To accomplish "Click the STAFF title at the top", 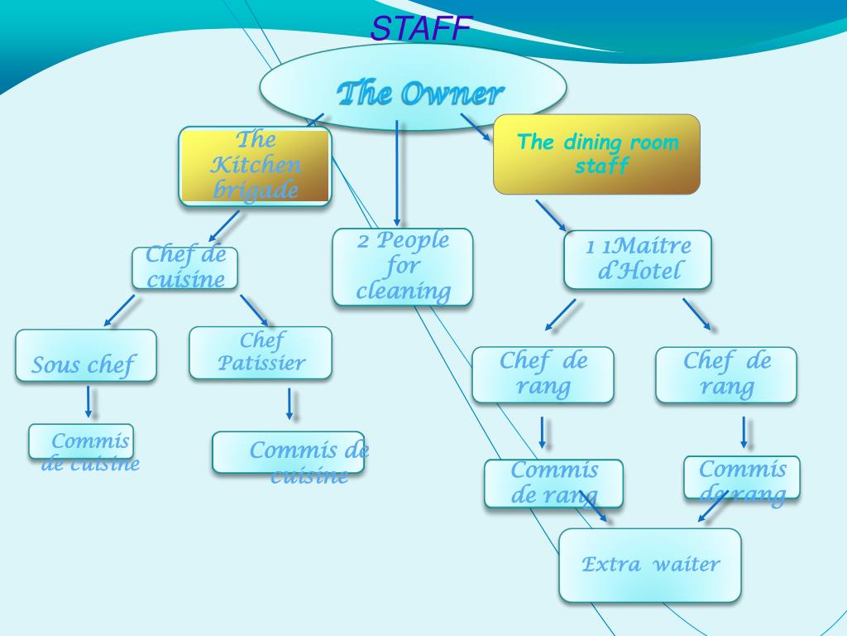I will tap(420, 29).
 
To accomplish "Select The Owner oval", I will tap(413, 89).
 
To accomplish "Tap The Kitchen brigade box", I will tap(255, 166).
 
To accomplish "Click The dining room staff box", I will tap(596, 154).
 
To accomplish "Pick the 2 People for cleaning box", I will tap(403, 267).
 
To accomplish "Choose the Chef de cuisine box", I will tap(184, 268).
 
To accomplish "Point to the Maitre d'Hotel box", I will tap(637, 259).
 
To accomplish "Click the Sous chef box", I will tap(85, 356).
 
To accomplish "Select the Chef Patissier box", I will tap(260, 353).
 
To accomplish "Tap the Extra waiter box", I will tap(650, 565).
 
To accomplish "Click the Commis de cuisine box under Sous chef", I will tap(81, 441).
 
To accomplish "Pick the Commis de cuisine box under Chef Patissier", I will tap(288, 452).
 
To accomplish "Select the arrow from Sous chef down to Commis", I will tap(89, 402).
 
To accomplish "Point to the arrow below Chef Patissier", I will tap(290, 403).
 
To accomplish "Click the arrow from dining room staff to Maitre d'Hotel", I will tap(551, 214).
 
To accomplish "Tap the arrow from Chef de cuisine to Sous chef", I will tap(119, 311).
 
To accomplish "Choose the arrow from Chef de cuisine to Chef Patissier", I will tap(254, 310).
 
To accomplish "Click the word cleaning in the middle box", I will tap(404, 291).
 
